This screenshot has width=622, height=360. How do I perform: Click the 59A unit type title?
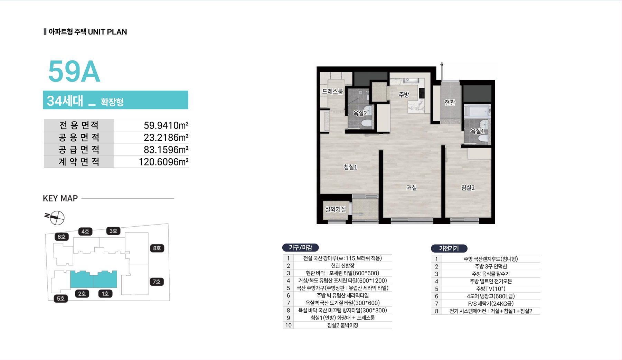(x=74, y=72)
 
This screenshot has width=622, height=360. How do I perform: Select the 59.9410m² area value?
(x=166, y=125)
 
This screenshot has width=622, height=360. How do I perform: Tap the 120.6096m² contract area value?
(x=163, y=162)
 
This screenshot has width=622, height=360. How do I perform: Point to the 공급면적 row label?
(x=79, y=150)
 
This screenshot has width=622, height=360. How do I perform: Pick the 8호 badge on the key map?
(x=157, y=248)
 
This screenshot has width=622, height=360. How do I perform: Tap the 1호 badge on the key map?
(x=105, y=294)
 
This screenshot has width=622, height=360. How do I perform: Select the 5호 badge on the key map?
(x=60, y=298)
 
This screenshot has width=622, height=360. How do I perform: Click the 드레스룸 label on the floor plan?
(x=332, y=91)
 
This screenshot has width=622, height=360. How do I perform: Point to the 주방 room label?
(x=404, y=94)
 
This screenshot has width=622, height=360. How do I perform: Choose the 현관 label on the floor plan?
(x=450, y=102)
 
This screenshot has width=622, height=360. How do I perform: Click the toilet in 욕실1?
(x=483, y=139)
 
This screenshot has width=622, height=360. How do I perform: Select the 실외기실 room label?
(x=335, y=209)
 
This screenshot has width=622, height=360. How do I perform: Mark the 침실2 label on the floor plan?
(x=468, y=188)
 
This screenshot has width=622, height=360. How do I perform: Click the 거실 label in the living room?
(x=412, y=188)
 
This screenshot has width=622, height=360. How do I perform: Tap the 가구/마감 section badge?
(x=300, y=247)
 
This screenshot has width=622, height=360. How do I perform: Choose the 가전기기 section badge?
(x=449, y=248)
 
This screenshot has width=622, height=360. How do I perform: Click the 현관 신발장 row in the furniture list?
(x=342, y=266)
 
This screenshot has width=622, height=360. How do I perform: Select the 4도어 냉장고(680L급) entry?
(x=491, y=296)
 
